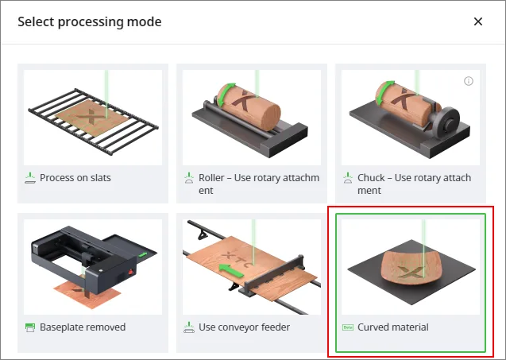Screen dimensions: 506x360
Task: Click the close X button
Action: coord(478,21)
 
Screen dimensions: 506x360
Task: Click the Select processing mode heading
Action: coord(90,22)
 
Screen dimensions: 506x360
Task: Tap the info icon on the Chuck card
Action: coord(469,81)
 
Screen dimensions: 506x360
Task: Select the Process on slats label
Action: coord(75,177)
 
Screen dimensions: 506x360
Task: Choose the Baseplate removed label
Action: coord(83,327)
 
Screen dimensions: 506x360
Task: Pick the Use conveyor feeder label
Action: coord(245,327)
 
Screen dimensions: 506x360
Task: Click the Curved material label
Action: coord(393,327)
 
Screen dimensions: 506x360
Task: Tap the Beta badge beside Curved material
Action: coord(348,327)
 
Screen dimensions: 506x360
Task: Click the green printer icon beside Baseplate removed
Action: coord(30,327)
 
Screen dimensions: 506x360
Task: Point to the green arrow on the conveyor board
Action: coord(230,270)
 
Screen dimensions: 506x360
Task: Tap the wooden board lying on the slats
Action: coord(92,118)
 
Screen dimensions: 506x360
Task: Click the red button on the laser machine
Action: coord(131,272)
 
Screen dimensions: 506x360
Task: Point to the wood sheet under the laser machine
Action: coord(87,294)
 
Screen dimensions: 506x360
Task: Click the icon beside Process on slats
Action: coord(30,178)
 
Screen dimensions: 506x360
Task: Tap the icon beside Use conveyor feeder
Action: coord(189,327)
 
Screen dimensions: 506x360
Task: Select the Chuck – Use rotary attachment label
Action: coord(414,184)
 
